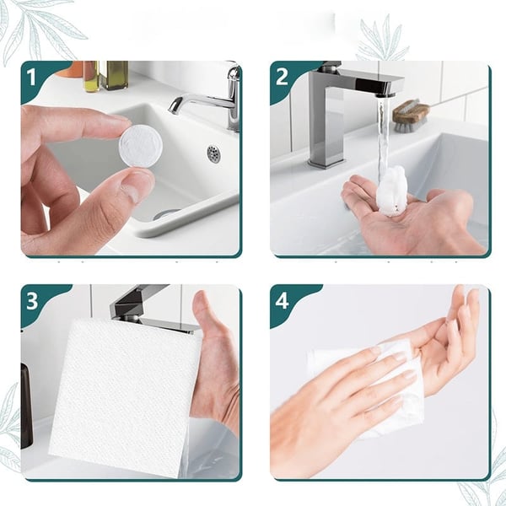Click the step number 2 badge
pos(283,78)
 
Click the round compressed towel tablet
pos(140,146)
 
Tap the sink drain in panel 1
pos(213,153)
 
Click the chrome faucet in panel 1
pos(215,98)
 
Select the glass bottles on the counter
pos(104,75)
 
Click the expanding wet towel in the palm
pos(392,191)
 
